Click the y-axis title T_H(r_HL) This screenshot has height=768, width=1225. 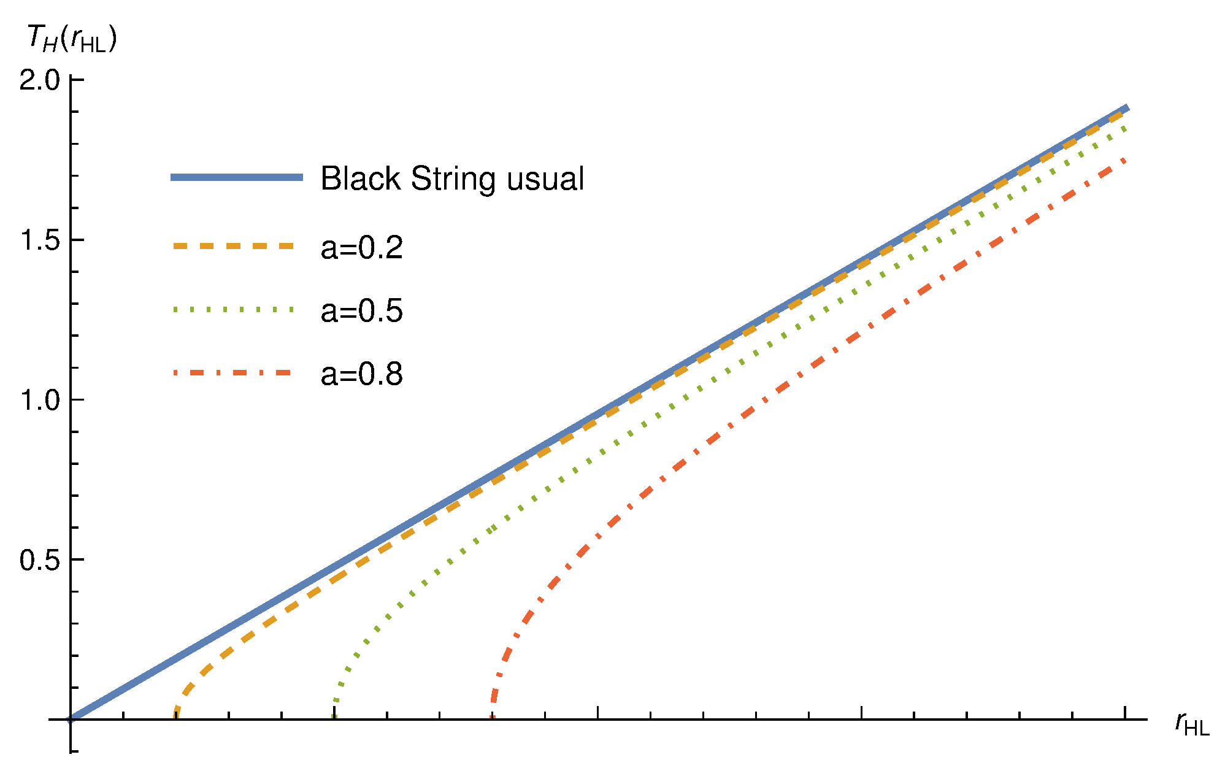(71, 39)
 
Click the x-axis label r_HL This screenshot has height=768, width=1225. (1191, 724)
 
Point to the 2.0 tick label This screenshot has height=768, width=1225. (40, 80)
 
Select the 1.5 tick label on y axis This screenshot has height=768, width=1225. (40, 240)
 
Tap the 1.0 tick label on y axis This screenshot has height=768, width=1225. (40, 400)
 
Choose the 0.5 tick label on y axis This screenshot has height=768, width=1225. (40, 560)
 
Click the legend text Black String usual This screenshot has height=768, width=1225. (452, 179)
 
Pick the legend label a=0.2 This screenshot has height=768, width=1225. (361, 247)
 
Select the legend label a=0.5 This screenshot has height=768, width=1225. (361, 310)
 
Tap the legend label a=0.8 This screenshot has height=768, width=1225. (361, 374)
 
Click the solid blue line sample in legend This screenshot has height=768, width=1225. (237, 177)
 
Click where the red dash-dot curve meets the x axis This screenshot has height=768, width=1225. (493, 718)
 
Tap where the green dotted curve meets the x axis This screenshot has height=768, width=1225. (334, 718)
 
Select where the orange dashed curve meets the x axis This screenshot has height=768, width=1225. (176, 718)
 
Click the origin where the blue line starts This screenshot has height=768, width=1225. (71, 719)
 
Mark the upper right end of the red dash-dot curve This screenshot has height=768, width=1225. (1124, 159)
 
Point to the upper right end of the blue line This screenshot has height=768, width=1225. (1127, 108)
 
